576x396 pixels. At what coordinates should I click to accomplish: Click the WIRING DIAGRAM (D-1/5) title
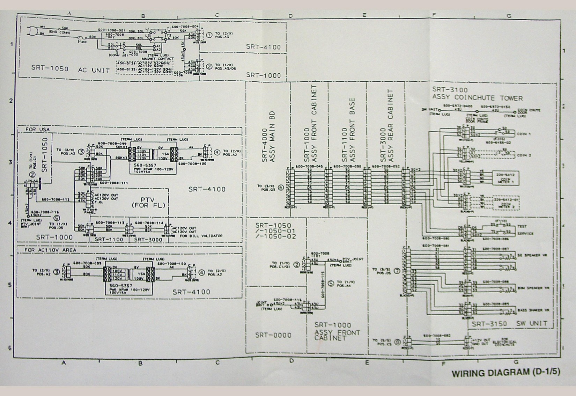coord(505,373)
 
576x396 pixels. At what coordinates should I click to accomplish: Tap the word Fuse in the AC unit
coord(82,41)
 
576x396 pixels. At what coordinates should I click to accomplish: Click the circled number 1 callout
coord(209,35)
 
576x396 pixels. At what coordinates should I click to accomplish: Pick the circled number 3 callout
coord(81,152)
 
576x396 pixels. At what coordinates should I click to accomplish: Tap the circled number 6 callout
coord(281,188)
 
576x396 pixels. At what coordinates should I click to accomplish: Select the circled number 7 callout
coord(397,271)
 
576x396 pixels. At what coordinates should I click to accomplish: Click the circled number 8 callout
coord(397,342)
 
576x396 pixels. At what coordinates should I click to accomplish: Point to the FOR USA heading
coord(38,130)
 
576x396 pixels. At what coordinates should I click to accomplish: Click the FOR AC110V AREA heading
coord(50,250)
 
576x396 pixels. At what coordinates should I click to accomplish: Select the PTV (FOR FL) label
coord(148,202)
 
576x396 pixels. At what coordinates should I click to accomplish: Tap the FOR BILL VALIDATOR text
coord(201,236)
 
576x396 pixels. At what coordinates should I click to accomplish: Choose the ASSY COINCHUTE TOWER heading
coord(478,98)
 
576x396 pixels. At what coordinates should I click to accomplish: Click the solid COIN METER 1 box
coord(505,178)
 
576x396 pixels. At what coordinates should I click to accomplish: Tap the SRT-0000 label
coord(273,335)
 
